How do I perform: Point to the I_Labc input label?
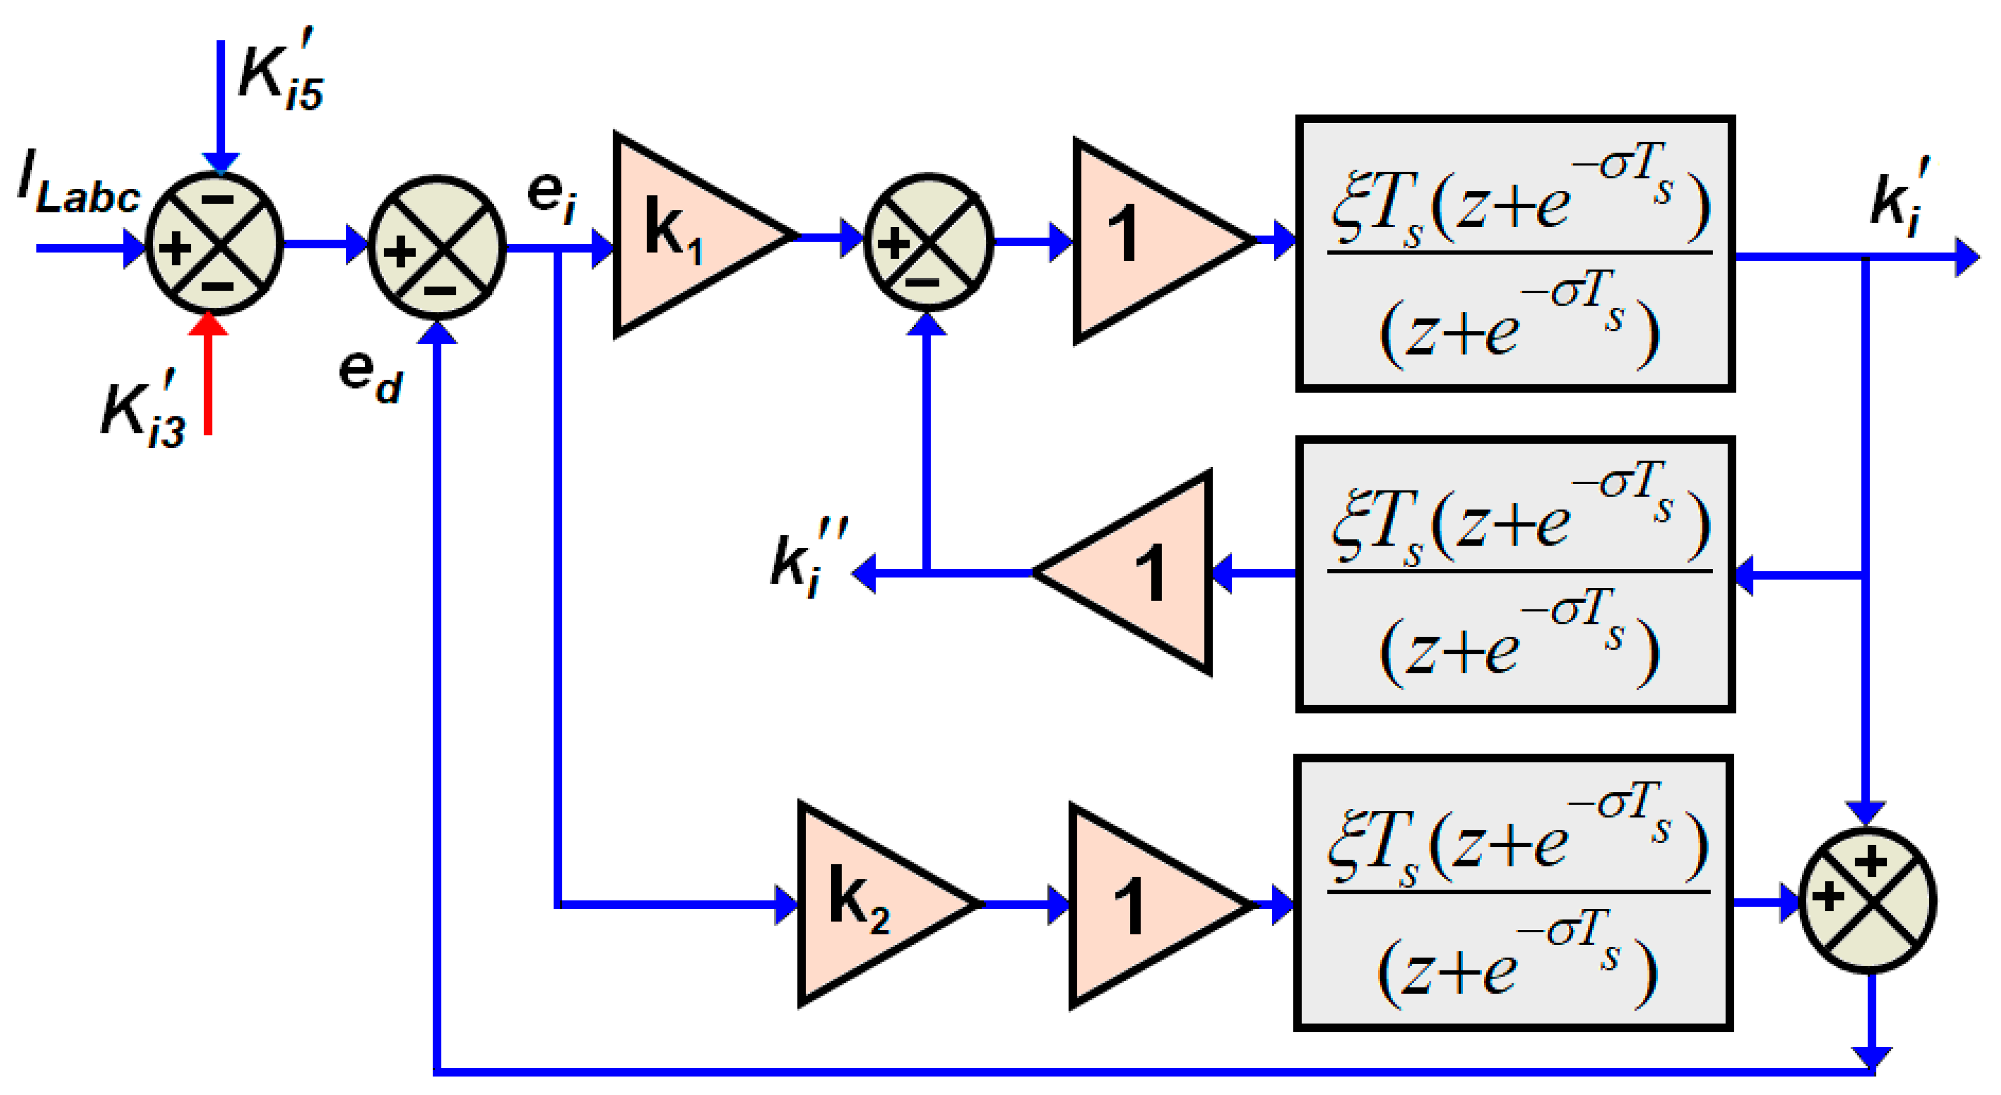[78, 190]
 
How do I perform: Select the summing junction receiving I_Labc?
[215, 243]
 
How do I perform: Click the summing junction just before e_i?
[437, 247]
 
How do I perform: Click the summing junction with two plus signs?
[1868, 900]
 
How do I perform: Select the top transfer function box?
[1515, 253]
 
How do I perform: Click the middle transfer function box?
[1515, 574]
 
